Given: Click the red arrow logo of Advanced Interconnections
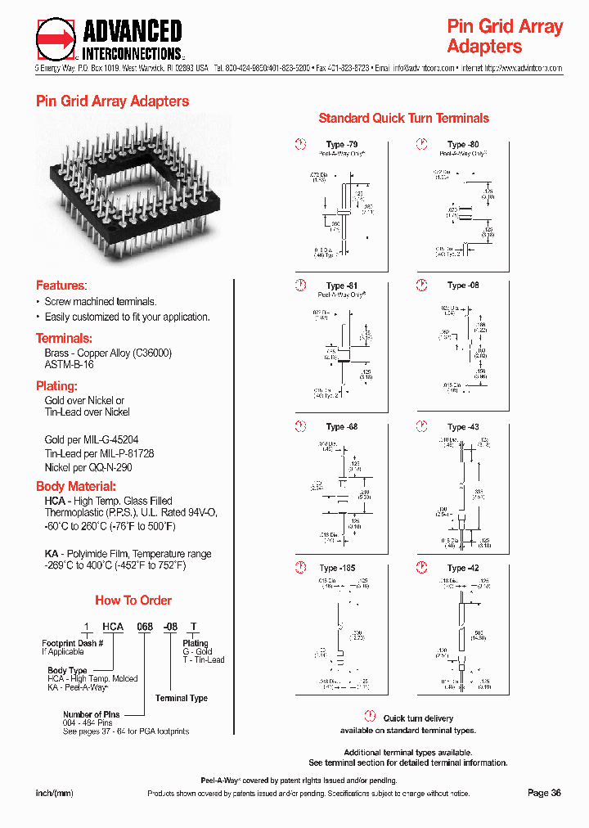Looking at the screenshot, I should [56, 38].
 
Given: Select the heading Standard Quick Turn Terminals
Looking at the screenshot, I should [403, 118].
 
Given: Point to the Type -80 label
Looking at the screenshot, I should [463, 145].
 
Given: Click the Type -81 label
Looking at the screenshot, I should [341, 286].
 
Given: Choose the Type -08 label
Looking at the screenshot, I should [463, 286].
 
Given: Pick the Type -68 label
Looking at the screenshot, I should [341, 426].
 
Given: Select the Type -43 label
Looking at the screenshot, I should [463, 426].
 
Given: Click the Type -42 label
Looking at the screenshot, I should [463, 568].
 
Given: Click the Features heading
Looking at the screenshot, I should [61, 286].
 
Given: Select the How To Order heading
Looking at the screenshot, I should [133, 600].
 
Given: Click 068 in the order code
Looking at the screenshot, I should [145, 627].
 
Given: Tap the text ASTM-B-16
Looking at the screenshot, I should [69, 365].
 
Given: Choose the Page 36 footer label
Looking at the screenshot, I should [544, 792].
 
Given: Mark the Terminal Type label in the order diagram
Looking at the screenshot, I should [182, 698].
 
